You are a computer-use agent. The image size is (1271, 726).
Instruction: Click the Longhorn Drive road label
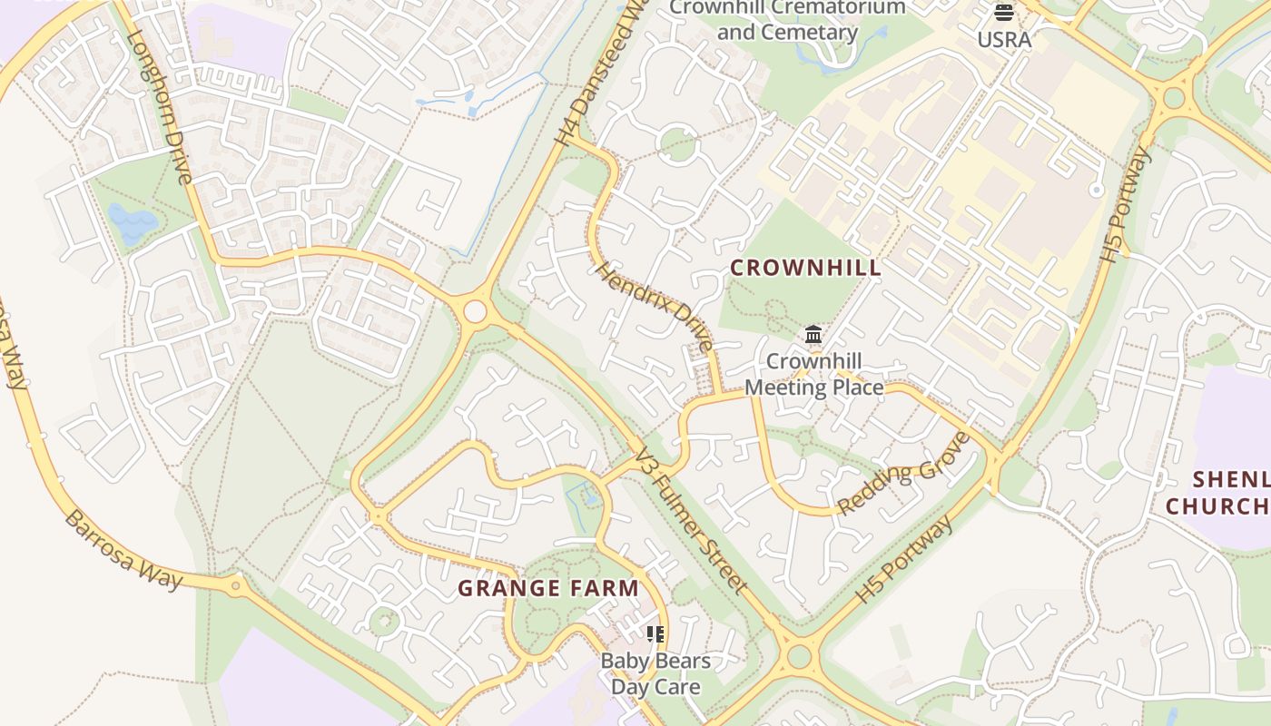160,107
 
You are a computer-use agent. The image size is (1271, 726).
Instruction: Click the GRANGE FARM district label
548,588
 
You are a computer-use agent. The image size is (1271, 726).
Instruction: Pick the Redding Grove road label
903,475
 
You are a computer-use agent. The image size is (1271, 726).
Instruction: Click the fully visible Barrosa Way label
124,550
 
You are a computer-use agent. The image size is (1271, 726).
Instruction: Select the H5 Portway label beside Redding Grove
906,560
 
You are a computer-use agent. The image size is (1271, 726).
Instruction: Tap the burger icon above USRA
1004,13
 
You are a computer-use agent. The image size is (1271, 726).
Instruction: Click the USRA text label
1004,40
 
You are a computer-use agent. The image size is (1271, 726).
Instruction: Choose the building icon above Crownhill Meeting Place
813,335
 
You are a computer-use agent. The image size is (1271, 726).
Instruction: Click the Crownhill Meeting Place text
814,374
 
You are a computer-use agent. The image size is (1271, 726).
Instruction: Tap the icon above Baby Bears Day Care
655,633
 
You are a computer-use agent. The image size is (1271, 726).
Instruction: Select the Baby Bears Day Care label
655,673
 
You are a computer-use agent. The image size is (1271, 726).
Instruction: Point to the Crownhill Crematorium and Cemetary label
787,20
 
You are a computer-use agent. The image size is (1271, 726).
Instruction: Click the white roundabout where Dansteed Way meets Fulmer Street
475,312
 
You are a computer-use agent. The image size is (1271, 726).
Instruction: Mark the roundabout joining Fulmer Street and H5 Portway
799,656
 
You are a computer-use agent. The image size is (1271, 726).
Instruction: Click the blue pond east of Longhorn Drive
133,222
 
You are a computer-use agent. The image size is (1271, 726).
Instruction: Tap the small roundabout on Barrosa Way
236,585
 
